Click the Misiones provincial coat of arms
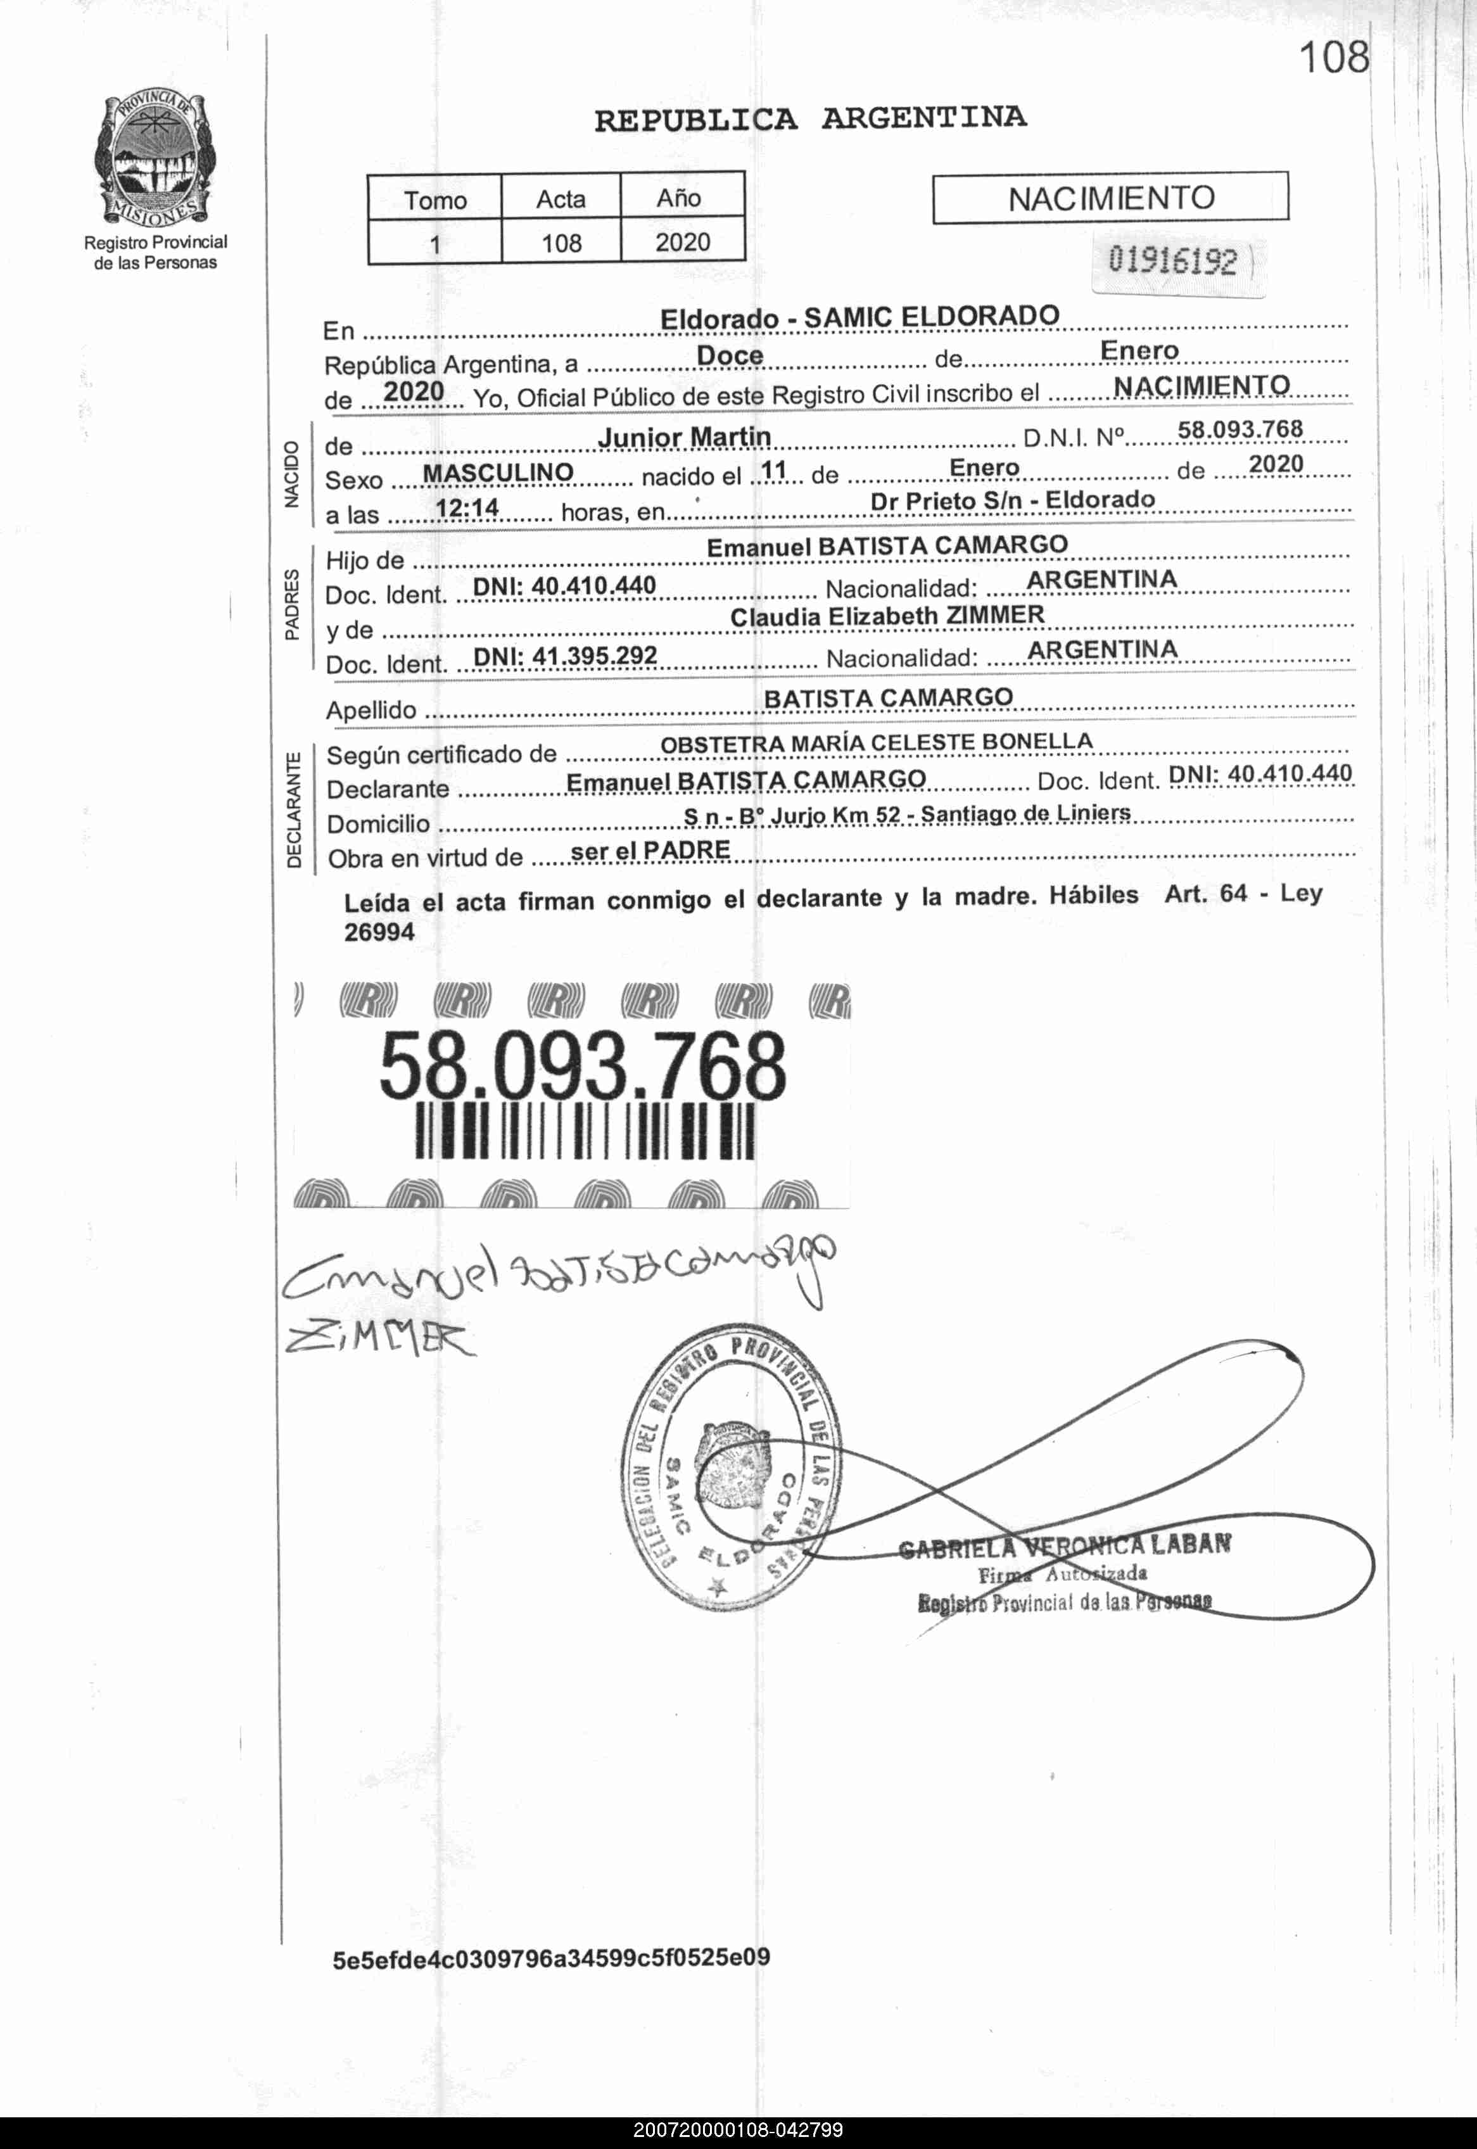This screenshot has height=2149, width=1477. [155, 159]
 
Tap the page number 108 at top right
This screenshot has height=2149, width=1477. [1334, 58]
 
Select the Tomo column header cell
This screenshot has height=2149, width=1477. [435, 199]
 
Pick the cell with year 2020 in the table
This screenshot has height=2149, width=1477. [682, 243]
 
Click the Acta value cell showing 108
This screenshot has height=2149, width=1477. [561, 243]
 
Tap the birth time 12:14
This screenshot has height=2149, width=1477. [467, 507]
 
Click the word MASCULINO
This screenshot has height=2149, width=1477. [497, 473]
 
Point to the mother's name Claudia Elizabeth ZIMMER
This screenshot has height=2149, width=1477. [887, 616]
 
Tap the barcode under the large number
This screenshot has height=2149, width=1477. [584, 1133]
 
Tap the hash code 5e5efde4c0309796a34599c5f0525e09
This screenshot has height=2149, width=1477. [552, 1958]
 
